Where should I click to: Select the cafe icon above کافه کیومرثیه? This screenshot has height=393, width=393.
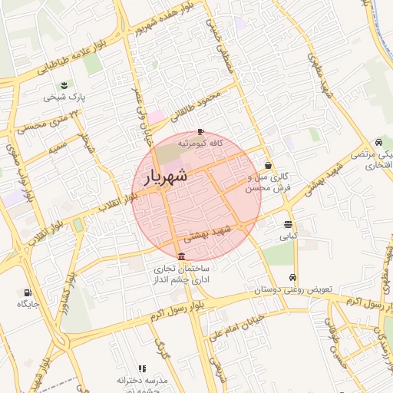point(201,131)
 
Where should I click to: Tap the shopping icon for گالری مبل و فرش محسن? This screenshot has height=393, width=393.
point(267,164)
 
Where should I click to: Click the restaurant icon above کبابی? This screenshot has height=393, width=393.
point(288,224)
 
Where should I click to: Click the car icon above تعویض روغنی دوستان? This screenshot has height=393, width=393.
point(292,278)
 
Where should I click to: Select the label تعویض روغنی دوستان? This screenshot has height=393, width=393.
point(294,290)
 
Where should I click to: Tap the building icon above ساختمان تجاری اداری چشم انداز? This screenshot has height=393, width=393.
point(181,256)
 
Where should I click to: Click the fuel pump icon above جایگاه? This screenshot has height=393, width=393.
point(28,292)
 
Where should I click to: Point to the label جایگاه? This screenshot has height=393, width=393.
point(28,304)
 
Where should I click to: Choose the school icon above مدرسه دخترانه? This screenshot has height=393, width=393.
point(141,368)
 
